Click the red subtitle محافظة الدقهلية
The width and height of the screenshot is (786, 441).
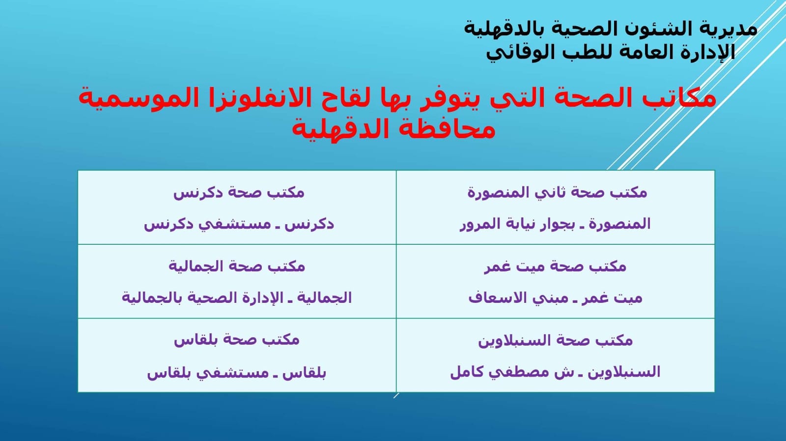(393, 129)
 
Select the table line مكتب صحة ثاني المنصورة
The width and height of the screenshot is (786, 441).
(557, 192)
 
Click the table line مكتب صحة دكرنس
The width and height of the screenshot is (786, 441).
(239, 193)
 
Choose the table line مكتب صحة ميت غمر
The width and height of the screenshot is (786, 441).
(555, 266)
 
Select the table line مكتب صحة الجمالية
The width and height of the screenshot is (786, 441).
(237, 266)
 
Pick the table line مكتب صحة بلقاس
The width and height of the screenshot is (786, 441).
(236, 340)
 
